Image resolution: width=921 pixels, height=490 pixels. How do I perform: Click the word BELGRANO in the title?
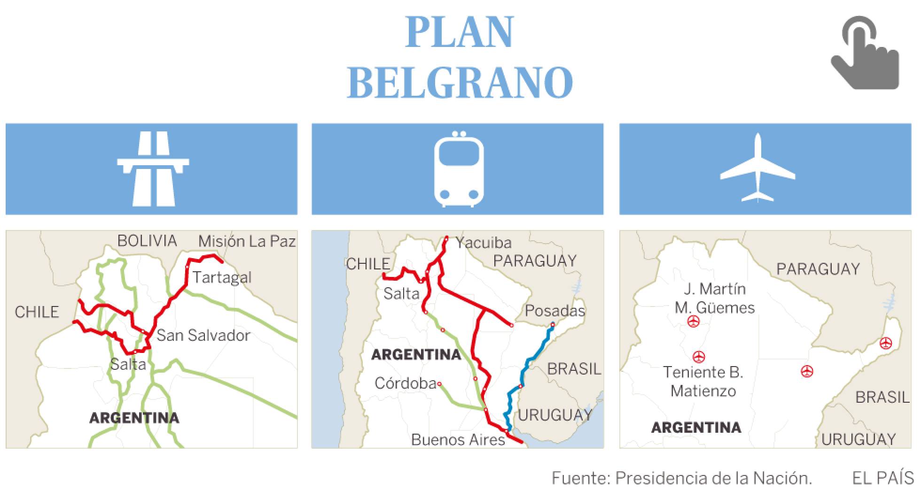tap(460, 82)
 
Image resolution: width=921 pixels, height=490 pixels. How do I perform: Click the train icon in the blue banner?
tap(458, 169)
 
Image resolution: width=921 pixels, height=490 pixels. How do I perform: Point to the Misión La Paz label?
tap(247, 241)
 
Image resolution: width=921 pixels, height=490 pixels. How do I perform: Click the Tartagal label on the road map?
tap(222, 277)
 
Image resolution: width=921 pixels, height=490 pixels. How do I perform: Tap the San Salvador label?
tap(203, 335)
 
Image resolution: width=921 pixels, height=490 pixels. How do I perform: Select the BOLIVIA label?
tap(147, 241)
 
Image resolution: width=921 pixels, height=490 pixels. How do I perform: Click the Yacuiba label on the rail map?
tap(484, 242)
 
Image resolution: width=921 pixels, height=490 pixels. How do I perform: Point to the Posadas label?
tap(555, 311)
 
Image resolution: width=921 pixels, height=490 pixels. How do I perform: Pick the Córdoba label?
tap(405, 383)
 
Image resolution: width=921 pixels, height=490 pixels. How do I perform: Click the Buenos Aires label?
tap(458, 440)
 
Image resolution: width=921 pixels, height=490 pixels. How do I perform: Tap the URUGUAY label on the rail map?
tap(555, 415)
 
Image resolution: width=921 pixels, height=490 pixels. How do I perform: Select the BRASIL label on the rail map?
tap(574, 369)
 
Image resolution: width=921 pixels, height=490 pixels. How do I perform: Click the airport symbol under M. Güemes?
tap(693, 322)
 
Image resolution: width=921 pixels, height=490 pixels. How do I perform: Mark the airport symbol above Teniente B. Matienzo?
tap(699, 357)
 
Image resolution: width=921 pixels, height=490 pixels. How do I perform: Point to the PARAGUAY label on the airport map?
tap(818, 269)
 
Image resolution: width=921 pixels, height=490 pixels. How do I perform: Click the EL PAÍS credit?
tap(883, 478)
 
